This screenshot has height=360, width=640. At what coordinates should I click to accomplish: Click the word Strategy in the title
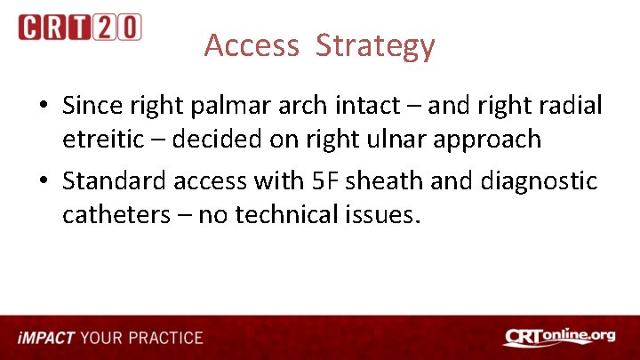pos(374,45)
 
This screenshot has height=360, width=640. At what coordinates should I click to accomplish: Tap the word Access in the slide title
pos(252,45)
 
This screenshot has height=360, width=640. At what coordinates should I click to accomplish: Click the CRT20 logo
pos(80,28)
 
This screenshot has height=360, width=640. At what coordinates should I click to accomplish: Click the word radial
pos(569,107)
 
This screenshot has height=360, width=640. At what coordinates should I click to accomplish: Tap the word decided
pos(219,140)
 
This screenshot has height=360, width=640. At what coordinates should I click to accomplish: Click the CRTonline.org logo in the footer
pos(559,338)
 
